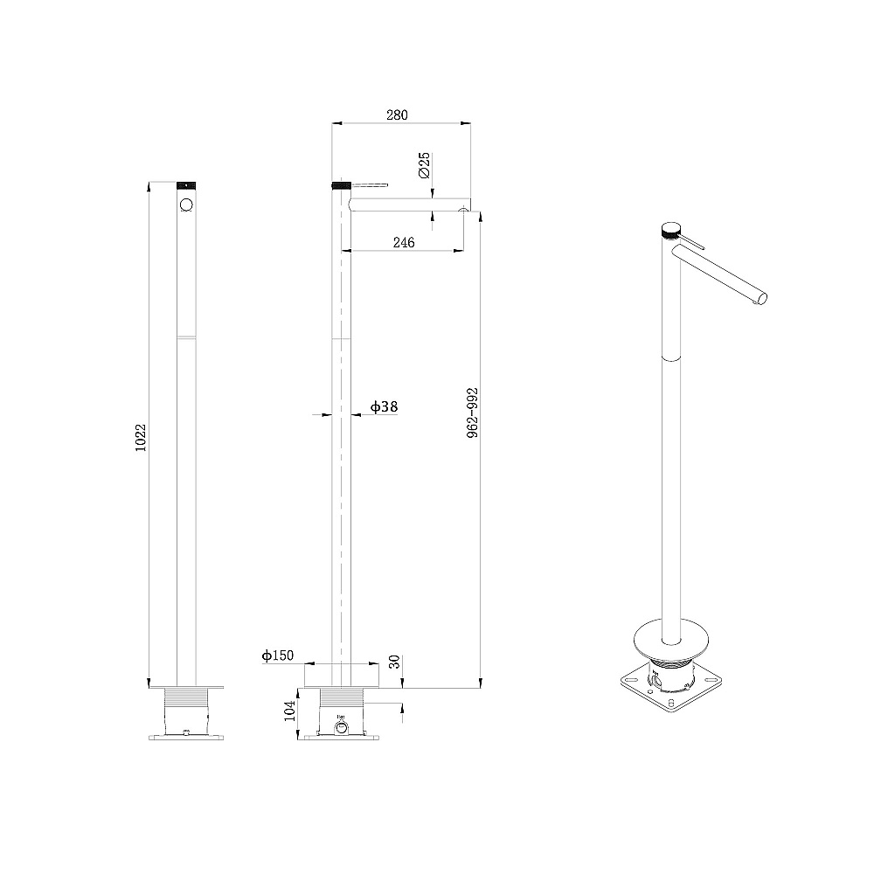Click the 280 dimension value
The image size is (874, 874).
pyautogui.click(x=397, y=114)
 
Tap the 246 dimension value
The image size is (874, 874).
pyautogui.click(x=404, y=242)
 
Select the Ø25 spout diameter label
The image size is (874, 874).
pyautogui.click(x=424, y=165)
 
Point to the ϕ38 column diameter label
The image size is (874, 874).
pyautogui.click(x=384, y=407)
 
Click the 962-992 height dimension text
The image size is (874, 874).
pyautogui.click(x=473, y=413)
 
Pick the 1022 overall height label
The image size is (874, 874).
pyautogui.click(x=141, y=438)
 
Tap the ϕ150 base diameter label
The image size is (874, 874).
pyautogui.click(x=278, y=655)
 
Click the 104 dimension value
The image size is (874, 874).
pyautogui.click(x=290, y=711)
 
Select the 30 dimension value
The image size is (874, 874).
pyautogui.click(x=394, y=662)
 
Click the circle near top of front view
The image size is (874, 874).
pyautogui.click(x=186, y=205)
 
